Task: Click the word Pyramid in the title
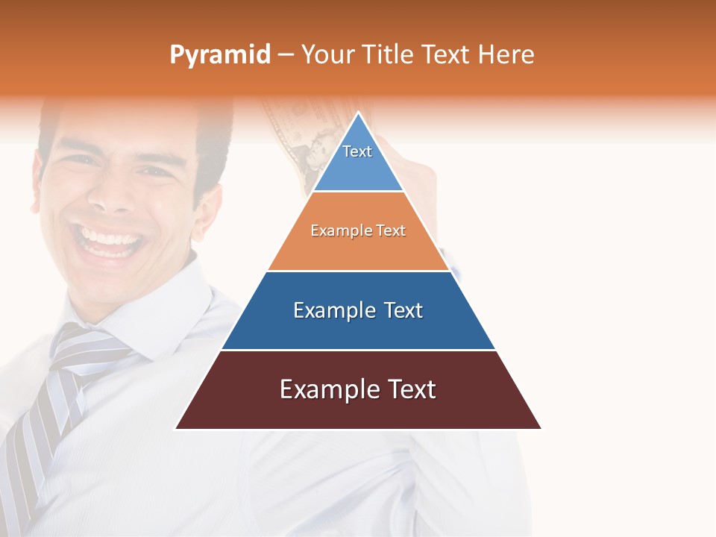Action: coord(220,55)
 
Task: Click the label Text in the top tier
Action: coord(357,151)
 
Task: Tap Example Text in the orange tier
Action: coord(358,230)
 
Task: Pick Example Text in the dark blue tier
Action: coord(358,310)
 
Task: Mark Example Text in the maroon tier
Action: coord(358,389)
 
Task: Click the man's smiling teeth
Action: coord(112,242)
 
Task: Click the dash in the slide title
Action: coord(286,55)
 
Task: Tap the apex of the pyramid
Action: coord(359,114)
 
